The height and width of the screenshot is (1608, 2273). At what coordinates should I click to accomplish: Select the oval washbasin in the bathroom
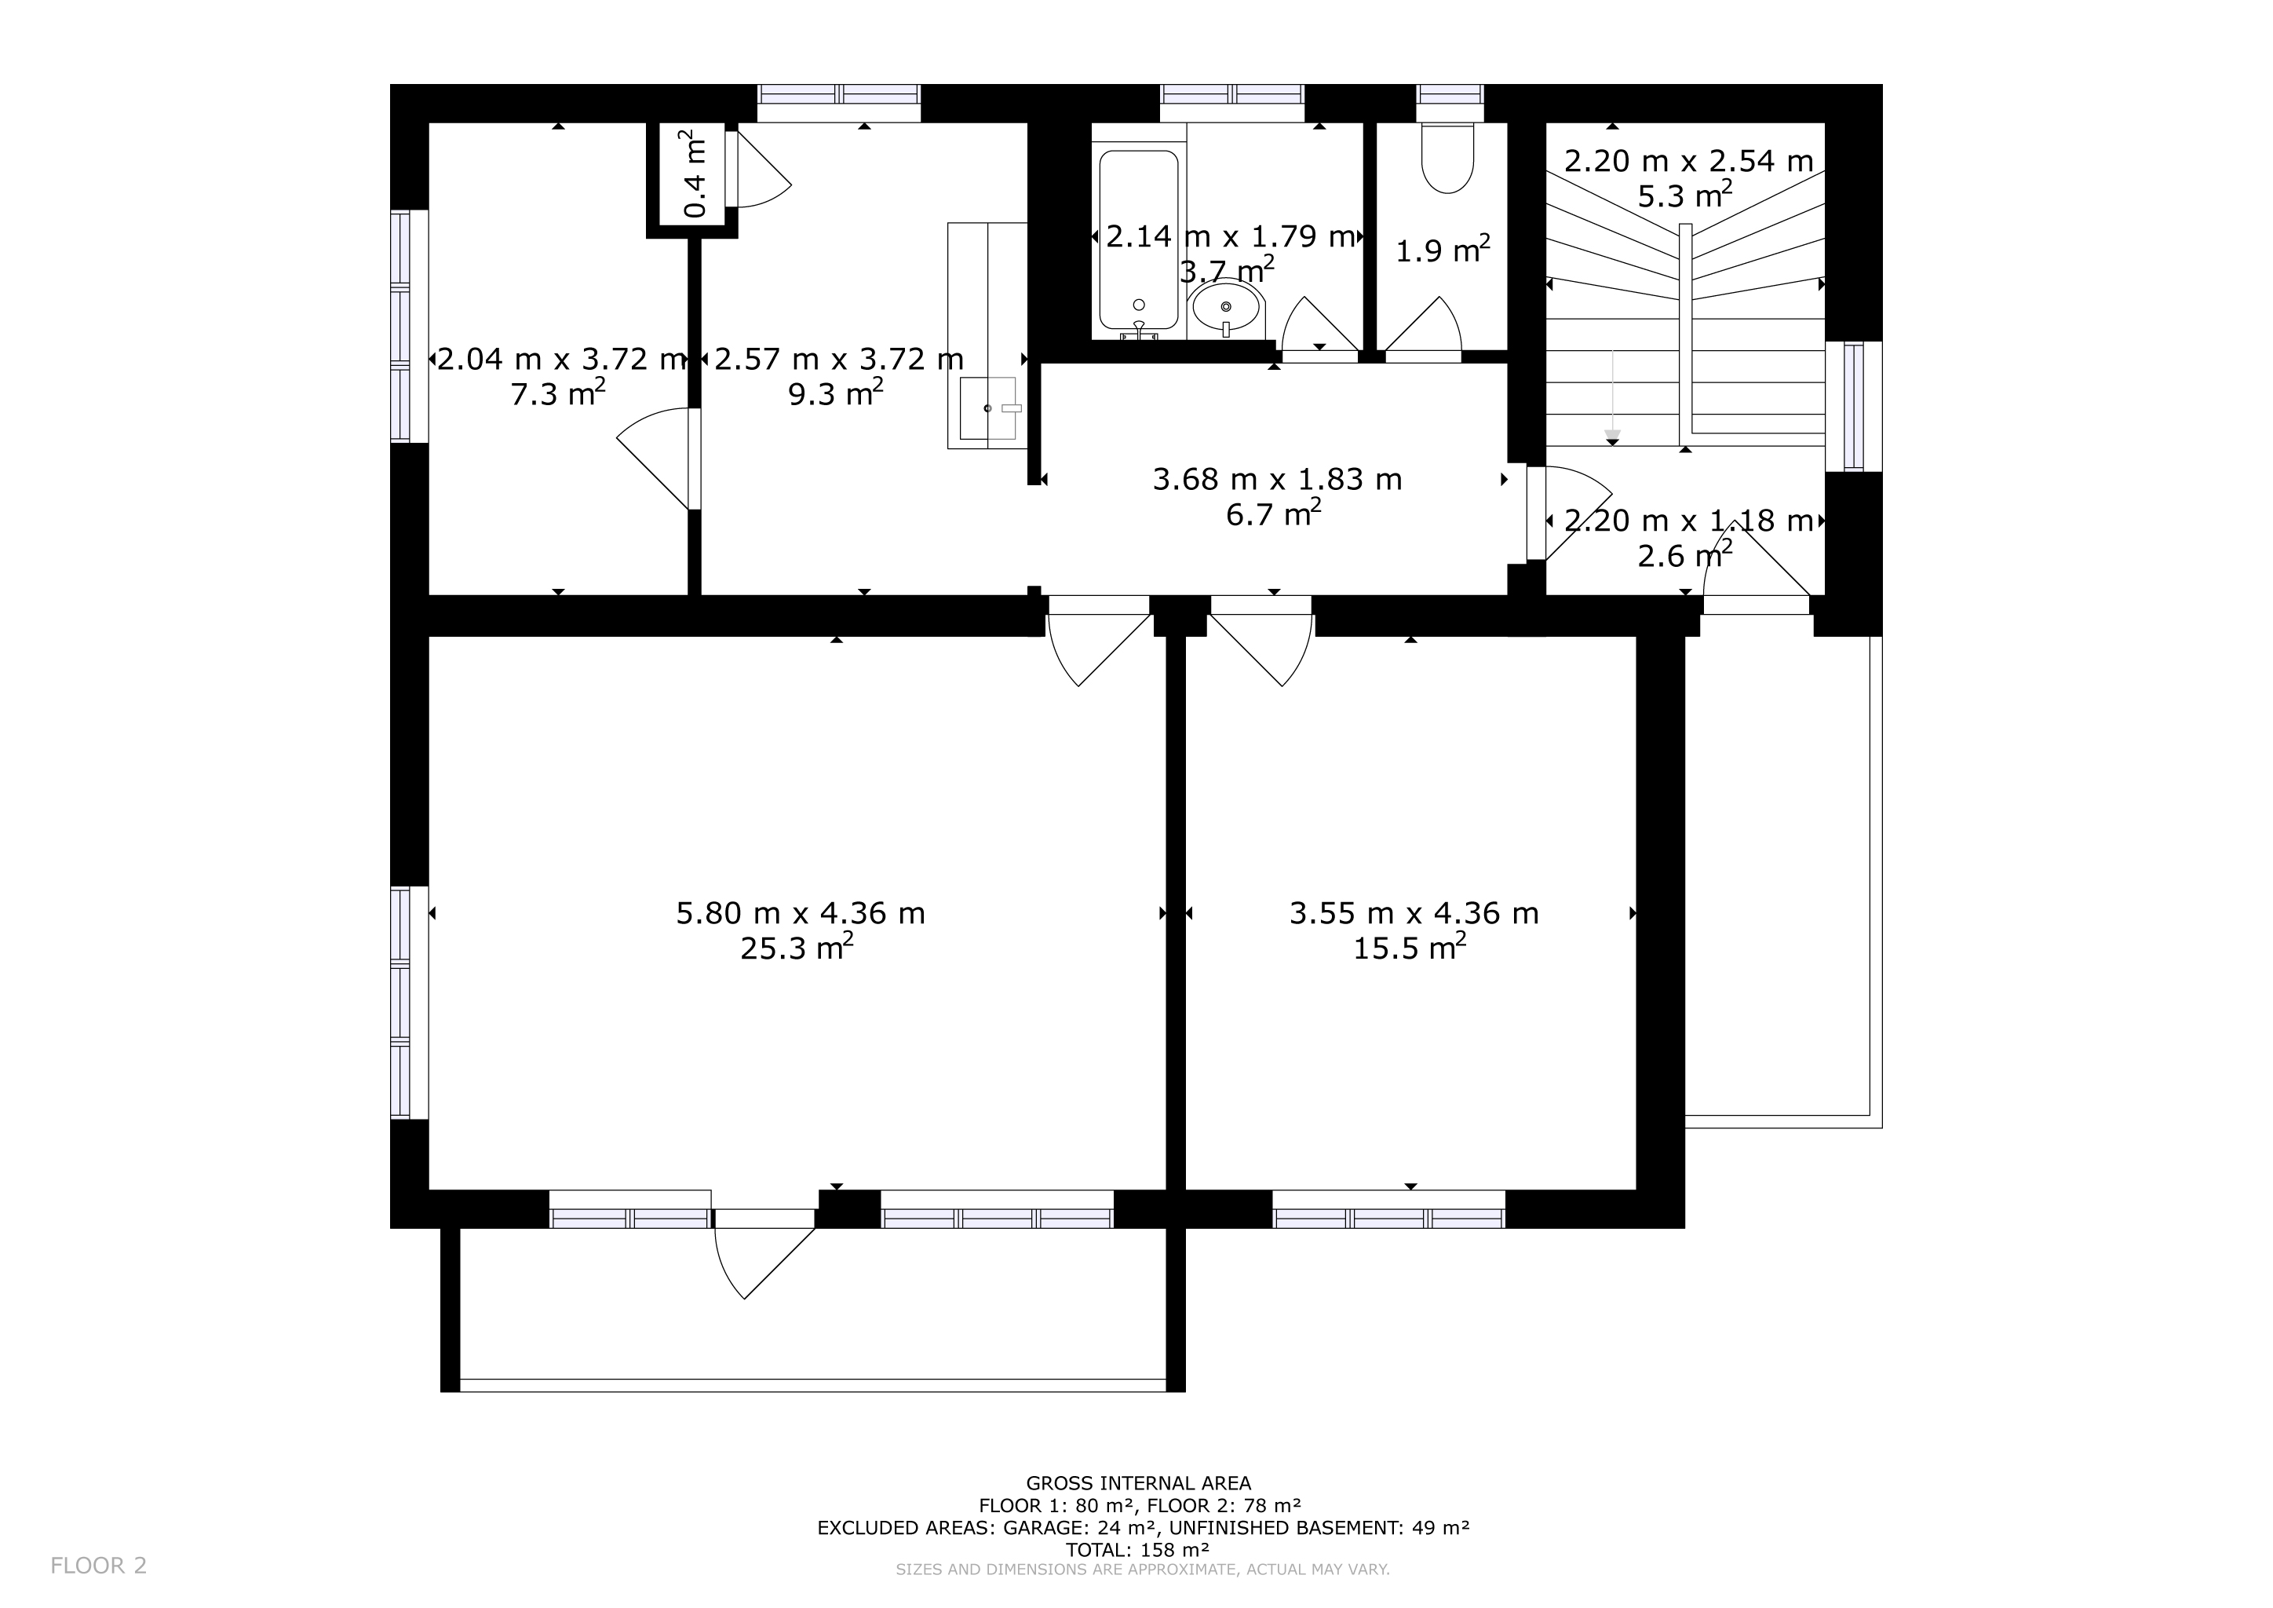1227,307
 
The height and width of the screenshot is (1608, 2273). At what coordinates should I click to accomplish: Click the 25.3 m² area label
797,948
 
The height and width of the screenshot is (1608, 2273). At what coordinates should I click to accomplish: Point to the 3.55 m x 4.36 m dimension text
1414,913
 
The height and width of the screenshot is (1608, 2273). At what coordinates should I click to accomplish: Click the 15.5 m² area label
1410,948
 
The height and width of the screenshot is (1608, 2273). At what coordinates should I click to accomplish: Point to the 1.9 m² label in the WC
1443,250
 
